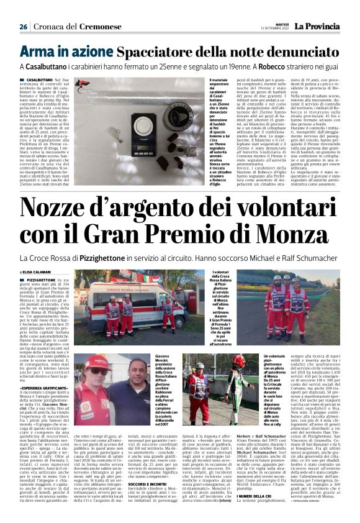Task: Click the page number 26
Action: pos(23,27)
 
